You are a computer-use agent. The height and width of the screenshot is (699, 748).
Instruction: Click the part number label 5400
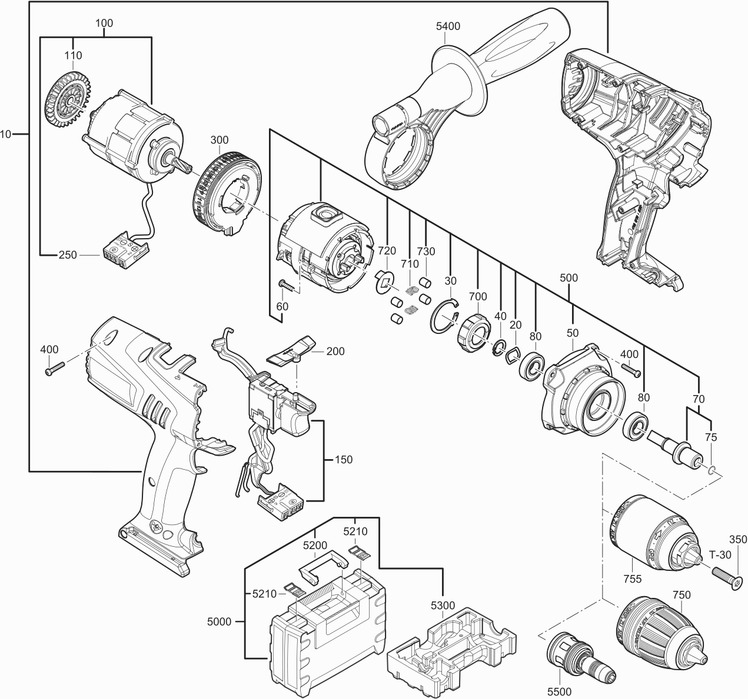(x=448, y=26)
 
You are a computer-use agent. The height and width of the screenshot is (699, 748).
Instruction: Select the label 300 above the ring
(x=219, y=141)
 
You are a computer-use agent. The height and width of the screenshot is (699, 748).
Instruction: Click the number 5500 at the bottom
(x=558, y=692)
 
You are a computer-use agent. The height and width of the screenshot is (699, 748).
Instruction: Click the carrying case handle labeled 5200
(x=321, y=563)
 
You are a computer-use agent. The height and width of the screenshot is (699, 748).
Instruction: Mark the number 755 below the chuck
(x=633, y=579)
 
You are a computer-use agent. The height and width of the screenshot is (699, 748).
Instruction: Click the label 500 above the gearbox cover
(x=569, y=277)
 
